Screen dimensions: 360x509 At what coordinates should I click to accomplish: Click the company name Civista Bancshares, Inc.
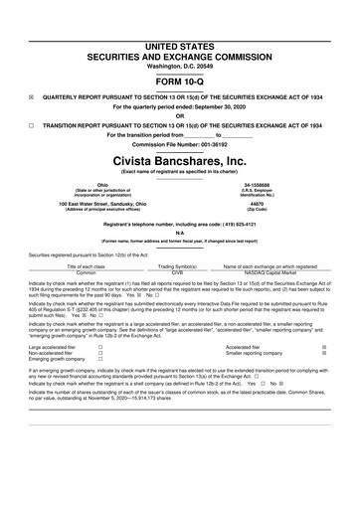tap(180, 159)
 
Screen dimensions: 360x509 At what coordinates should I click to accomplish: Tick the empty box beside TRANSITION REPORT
tap(32, 126)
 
